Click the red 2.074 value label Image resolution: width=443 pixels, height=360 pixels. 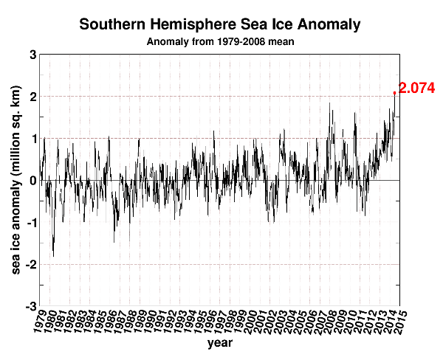pyautogui.click(x=418, y=89)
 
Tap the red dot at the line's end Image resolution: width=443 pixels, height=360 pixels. pyautogui.click(x=395, y=93)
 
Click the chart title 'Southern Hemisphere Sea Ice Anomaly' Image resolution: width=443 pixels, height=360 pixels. pyautogui.click(x=220, y=24)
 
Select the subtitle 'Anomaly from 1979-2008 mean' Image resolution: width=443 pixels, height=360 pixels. pyautogui.click(x=220, y=41)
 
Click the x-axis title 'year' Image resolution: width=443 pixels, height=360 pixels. pyautogui.click(x=220, y=343)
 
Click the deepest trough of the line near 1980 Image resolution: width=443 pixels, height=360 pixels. pyautogui.click(x=53, y=256)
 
